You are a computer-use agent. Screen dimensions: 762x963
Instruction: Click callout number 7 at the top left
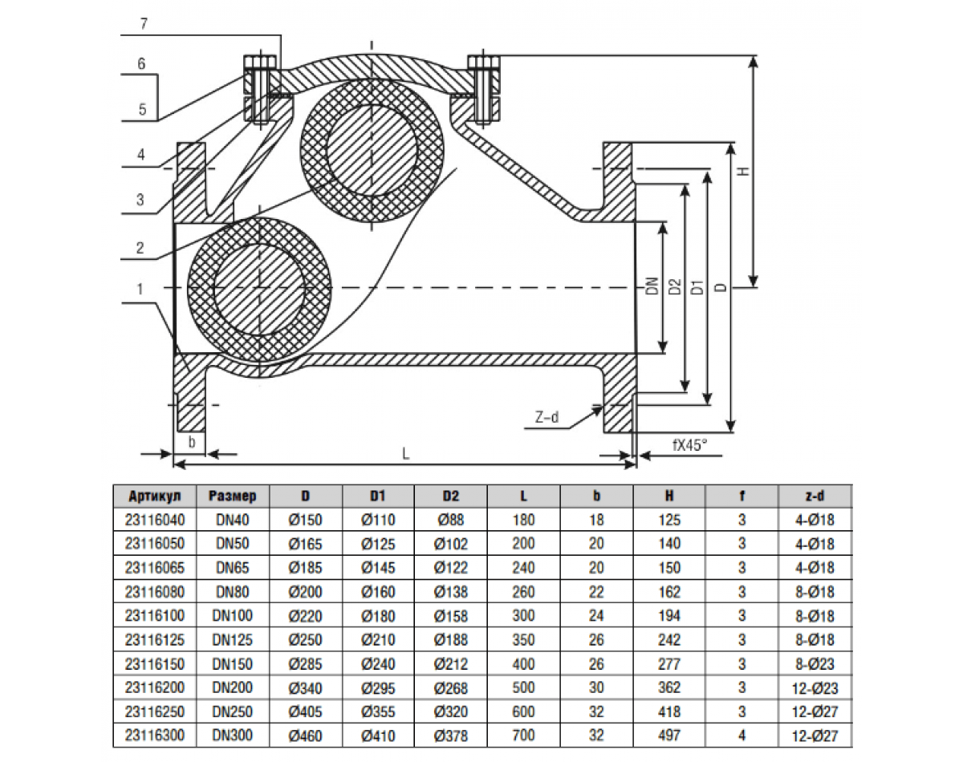pyautogui.click(x=143, y=23)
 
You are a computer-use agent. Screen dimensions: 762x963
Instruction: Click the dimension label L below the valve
pyautogui.click(x=406, y=453)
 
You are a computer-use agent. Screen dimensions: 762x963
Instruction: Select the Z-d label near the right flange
pyautogui.click(x=547, y=417)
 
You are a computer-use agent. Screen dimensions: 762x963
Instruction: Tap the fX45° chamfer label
pyautogui.click(x=689, y=444)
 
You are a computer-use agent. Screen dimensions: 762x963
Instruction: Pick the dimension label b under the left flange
pyautogui.click(x=191, y=441)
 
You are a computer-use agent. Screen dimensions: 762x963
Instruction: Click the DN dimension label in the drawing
pyautogui.click(x=652, y=286)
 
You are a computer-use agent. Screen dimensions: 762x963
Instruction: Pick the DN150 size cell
pyautogui.click(x=232, y=664)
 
